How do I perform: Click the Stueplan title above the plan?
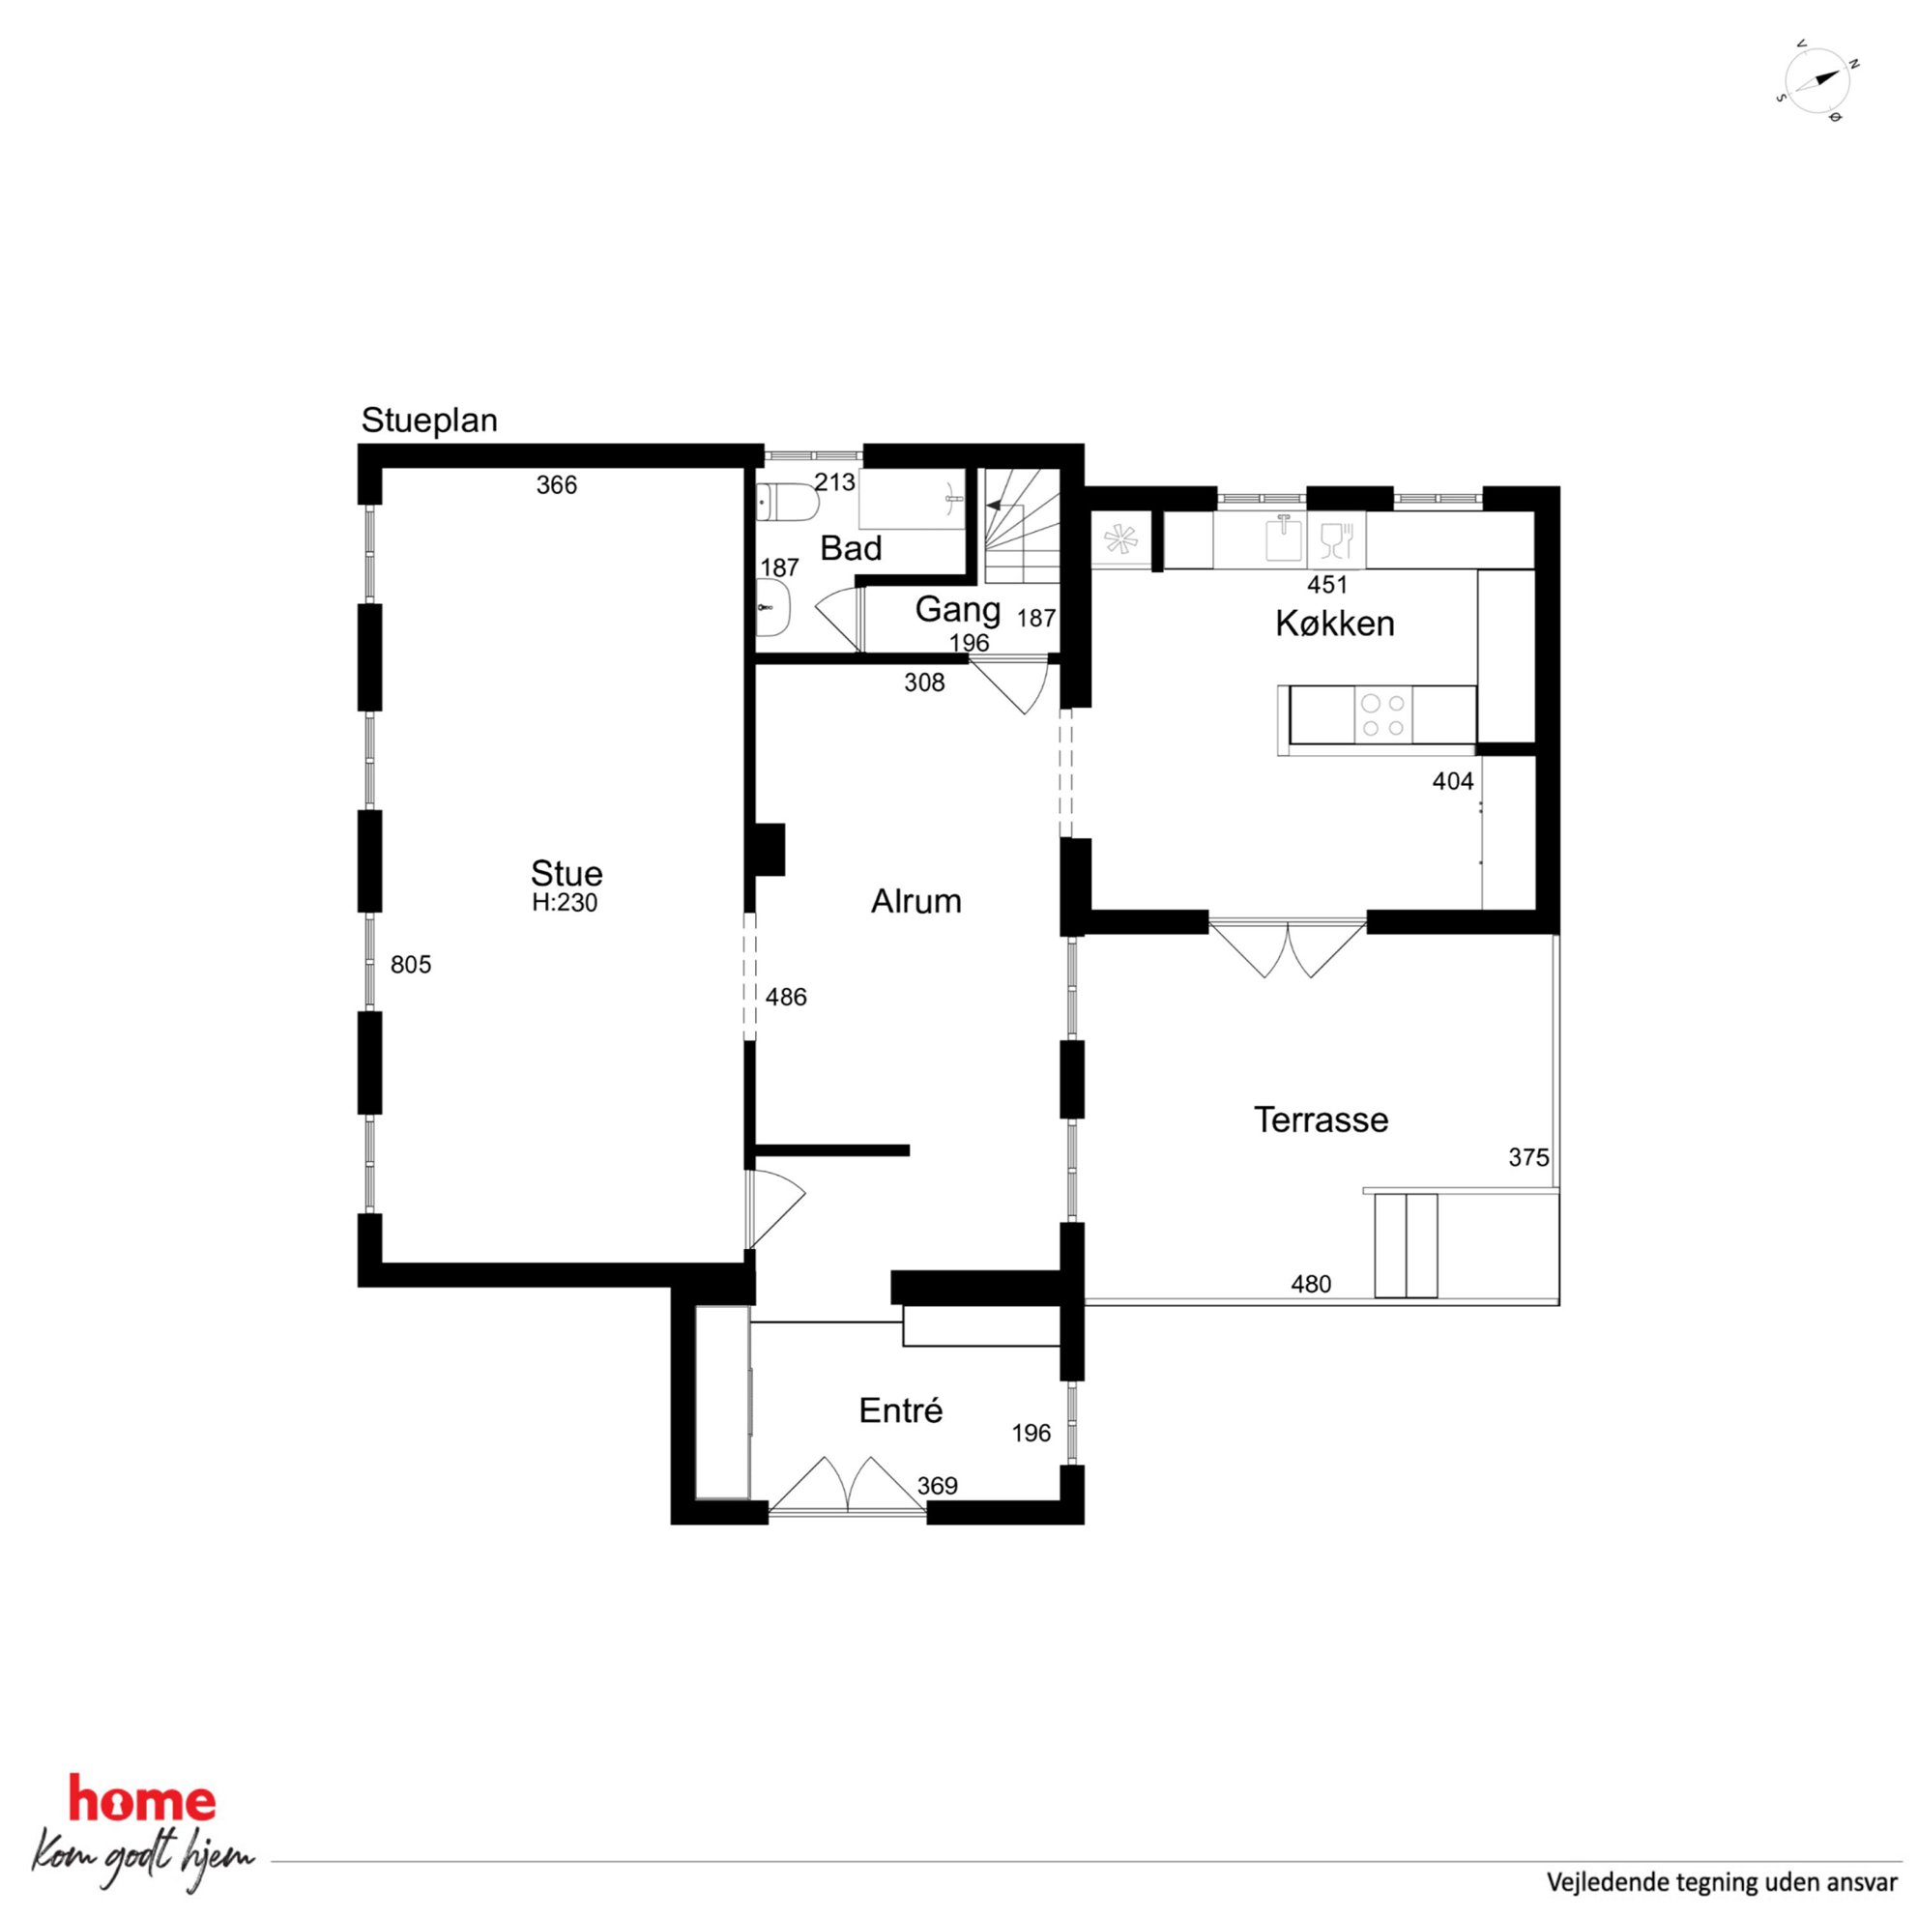[429, 421]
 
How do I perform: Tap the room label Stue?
[567, 874]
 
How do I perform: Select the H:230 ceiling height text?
[565, 902]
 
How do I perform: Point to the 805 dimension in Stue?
[411, 964]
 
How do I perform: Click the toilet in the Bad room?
[785, 503]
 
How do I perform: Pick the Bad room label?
[851, 548]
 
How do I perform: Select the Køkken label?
[1334, 624]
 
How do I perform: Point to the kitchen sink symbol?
[1284, 539]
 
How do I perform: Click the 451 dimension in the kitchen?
[1327, 585]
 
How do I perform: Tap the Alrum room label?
[915, 901]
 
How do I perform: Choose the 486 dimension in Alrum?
[786, 997]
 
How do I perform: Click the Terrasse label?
[1321, 1119]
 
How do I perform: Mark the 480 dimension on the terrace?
[1311, 1285]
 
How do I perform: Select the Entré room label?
[900, 1410]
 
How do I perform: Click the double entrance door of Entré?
[848, 1486]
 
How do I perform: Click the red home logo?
[142, 1800]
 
